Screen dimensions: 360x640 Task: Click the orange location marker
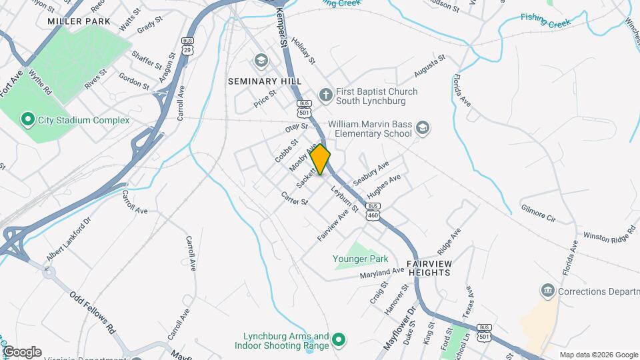click(321, 159)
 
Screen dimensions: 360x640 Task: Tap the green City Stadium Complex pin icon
click(28, 120)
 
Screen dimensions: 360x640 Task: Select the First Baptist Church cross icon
click(326, 95)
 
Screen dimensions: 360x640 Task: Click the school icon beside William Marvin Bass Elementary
click(422, 127)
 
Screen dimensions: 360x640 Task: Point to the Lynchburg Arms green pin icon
click(339, 341)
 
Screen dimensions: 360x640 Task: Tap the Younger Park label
click(360, 257)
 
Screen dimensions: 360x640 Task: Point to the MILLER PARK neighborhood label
click(79, 21)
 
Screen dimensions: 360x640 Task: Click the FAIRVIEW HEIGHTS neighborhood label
click(429, 268)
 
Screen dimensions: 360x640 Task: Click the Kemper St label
click(283, 32)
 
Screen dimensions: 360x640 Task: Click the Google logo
click(22, 351)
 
